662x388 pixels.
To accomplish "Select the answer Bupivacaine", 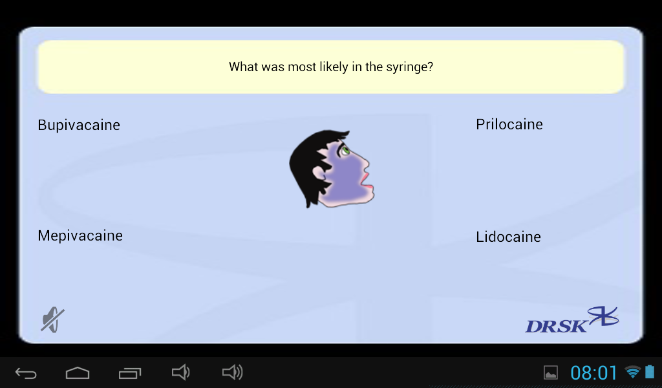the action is [79, 125].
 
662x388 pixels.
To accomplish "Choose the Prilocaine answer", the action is [509, 125].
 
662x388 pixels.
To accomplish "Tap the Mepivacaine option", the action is [80, 236].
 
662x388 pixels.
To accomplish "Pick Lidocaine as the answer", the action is [508, 237].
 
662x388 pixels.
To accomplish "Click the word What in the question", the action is [244, 67].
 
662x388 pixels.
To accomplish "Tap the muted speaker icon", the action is [53, 319].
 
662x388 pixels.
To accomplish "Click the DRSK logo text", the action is [556, 326].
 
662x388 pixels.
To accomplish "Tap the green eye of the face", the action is [345, 150].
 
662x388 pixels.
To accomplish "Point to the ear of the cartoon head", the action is [319, 173].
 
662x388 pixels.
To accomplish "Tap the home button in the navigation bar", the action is [78, 372].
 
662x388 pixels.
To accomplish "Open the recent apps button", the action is [129, 372].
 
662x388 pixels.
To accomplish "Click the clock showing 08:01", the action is [593, 372].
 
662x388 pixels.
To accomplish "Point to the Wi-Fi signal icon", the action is [632, 372].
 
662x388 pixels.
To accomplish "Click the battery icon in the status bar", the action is [650, 372].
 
